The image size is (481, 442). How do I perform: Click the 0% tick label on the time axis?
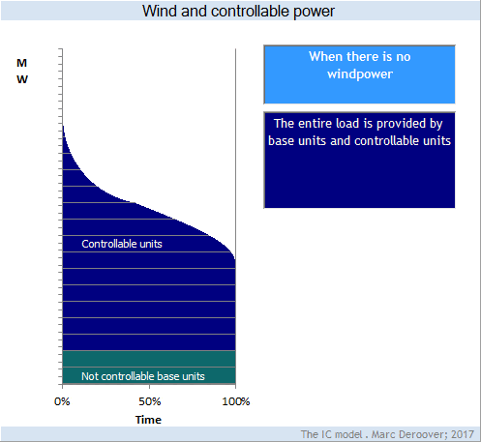[62, 401]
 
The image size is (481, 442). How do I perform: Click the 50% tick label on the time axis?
[150, 401]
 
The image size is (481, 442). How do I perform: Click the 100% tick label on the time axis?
[236, 401]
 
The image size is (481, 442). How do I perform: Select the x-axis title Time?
[148, 420]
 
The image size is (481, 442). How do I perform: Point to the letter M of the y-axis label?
[21, 63]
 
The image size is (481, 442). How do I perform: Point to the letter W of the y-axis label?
[22, 79]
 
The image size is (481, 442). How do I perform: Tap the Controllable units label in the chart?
[122, 244]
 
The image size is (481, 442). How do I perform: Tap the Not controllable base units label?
[143, 376]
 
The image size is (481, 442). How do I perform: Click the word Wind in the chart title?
[161, 11]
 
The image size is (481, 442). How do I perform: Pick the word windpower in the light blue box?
[360, 74]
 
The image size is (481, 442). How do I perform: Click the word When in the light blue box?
[325, 57]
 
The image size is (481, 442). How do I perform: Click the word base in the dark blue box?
[281, 141]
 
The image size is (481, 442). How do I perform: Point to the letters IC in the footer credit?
[325, 434]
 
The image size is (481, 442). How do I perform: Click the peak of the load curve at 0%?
[63, 126]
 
